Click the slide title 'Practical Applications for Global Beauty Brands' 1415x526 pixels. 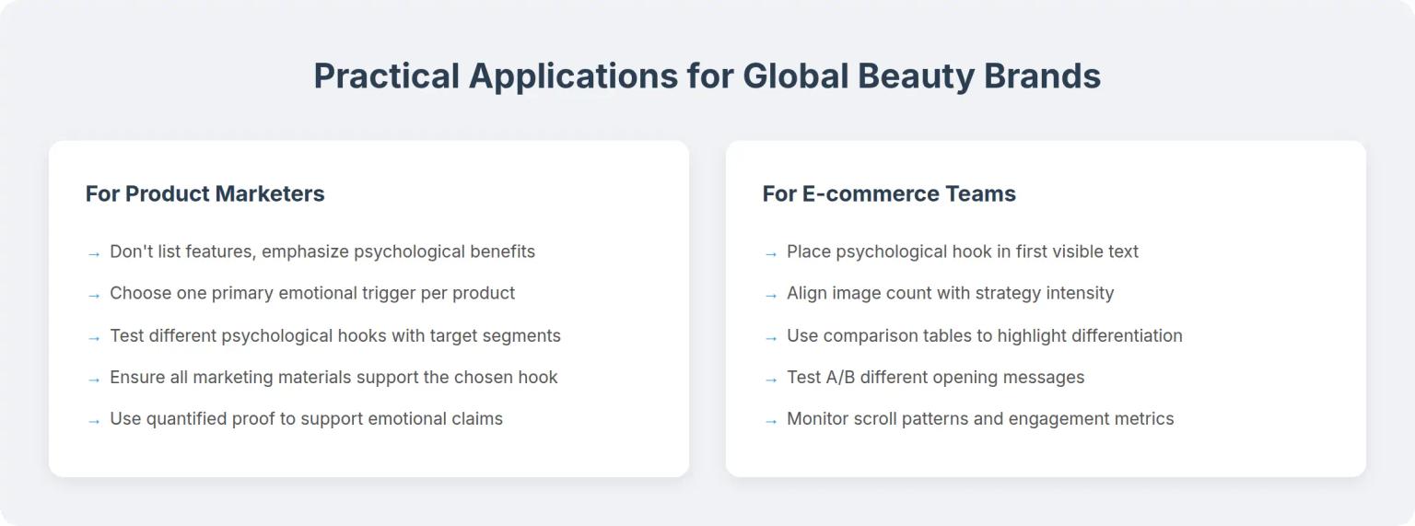pyautogui.click(x=707, y=76)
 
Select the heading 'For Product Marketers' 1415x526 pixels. pyautogui.click(x=205, y=193)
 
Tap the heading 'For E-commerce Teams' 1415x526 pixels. pyautogui.click(x=888, y=193)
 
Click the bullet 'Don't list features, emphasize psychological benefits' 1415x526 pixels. pyautogui.click(x=322, y=251)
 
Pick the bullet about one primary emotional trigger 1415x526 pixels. pyautogui.click(x=311, y=293)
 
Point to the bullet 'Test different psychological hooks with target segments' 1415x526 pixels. pyautogui.click(x=334, y=335)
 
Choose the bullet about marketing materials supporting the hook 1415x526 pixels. pyautogui.click(x=333, y=377)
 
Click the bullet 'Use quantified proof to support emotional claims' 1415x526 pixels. pyautogui.click(x=306, y=418)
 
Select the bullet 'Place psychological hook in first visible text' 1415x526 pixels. pyautogui.click(x=962, y=251)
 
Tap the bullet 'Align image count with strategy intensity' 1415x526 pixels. pyautogui.click(x=950, y=293)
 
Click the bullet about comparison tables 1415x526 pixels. pyautogui.click(x=984, y=335)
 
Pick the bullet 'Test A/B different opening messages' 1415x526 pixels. pyautogui.click(x=935, y=377)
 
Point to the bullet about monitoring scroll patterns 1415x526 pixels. pyautogui.click(x=980, y=418)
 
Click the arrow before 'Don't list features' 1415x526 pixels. pyautogui.click(x=93, y=253)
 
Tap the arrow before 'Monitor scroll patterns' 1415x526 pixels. pyautogui.click(x=771, y=420)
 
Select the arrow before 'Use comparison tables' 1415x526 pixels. pyautogui.click(x=771, y=337)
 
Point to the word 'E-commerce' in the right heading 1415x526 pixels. pyautogui.click(x=858, y=193)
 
